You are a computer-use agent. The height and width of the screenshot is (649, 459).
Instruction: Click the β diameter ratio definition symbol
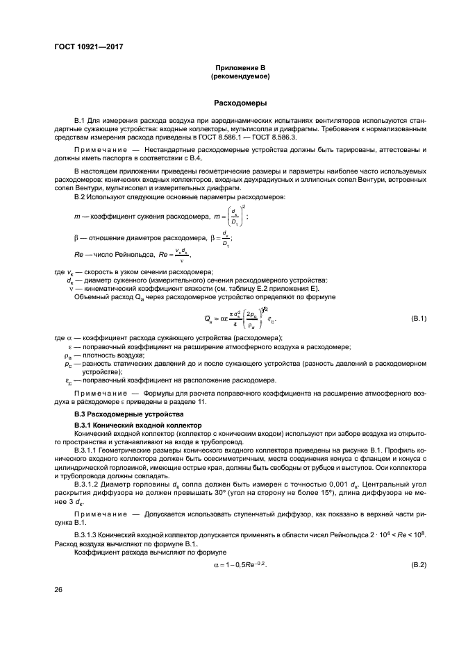[76, 239]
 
